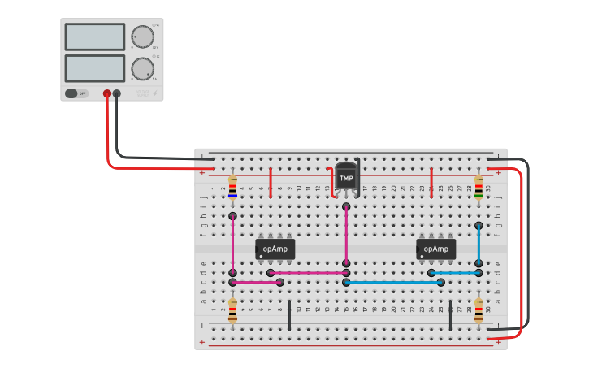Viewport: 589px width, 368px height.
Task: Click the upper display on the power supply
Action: coord(94,37)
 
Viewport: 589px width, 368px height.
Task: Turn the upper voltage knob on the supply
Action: coord(142,37)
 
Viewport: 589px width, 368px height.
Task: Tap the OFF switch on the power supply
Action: coord(77,93)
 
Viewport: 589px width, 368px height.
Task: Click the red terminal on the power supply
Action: coord(107,94)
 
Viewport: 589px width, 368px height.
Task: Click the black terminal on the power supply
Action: coord(117,94)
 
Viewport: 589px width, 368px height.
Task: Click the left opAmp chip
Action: coord(275,249)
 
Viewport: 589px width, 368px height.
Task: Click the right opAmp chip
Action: coord(436,249)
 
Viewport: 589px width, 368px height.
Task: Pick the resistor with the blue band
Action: coord(233,187)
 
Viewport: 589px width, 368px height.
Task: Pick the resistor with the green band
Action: coord(479,187)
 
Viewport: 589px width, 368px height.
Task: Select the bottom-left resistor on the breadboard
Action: coord(233,310)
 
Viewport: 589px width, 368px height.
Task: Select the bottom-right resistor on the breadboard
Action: coord(479,310)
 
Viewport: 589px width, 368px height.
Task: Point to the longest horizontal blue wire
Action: coord(393,282)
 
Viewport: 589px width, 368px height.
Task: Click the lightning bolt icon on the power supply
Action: coord(156,94)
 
